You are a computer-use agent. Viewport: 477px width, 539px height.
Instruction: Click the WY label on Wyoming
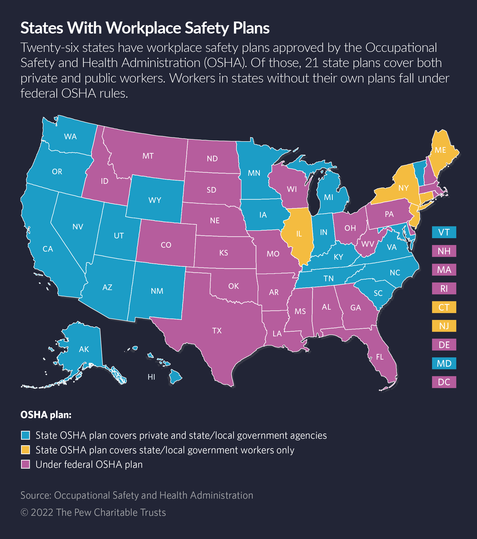pyautogui.click(x=155, y=200)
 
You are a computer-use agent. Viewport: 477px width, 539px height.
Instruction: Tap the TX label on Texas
pyautogui.click(x=217, y=331)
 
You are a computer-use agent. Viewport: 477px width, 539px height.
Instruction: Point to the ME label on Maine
pyautogui.click(x=440, y=150)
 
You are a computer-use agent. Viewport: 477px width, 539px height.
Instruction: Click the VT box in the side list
pyautogui.click(x=444, y=232)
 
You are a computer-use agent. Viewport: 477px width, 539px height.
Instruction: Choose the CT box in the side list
pyautogui.click(x=444, y=307)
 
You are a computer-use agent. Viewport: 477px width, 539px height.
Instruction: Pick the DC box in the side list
pyautogui.click(x=444, y=382)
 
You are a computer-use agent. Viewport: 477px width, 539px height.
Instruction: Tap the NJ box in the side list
pyautogui.click(x=444, y=326)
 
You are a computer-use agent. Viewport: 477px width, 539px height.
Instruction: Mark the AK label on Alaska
pyautogui.click(x=84, y=349)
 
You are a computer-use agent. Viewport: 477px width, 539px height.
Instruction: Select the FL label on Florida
pyautogui.click(x=380, y=357)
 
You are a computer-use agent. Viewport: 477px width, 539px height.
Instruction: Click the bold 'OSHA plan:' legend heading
pyautogui.click(x=46, y=415)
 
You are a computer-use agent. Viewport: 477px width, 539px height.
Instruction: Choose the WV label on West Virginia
pyautogui.click(x=368, y=244)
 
